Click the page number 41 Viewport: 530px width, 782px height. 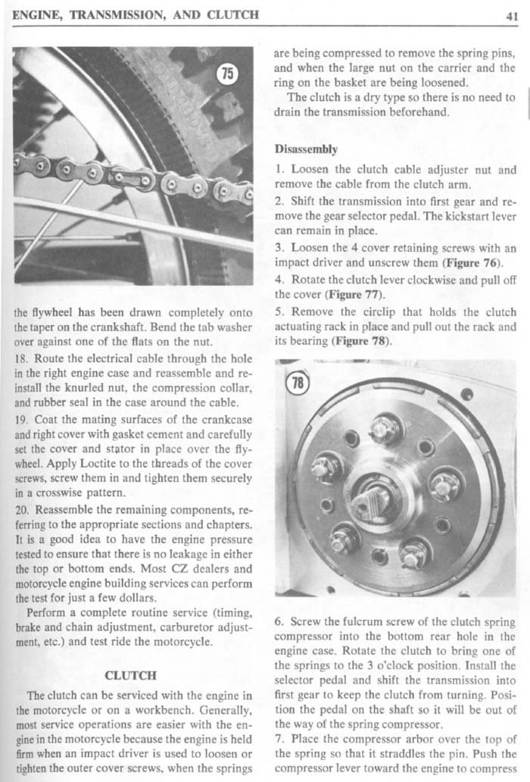(512, 14)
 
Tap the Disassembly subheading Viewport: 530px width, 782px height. (306, 149)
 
